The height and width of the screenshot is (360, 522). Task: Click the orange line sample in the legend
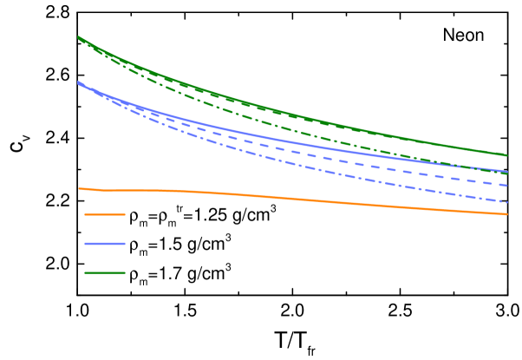click(x=105, y=214)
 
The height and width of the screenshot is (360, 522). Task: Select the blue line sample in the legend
click(x=105, y=244)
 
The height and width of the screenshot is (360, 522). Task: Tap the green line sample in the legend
click(x=105, y=273)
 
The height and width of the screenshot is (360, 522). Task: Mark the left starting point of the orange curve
click(x=79, y=188)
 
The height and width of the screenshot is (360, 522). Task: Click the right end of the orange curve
click(x=507, y=214)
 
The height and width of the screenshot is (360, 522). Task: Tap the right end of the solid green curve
click(x=507, y=155)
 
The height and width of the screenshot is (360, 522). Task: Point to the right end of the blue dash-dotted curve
click(x=507, y=202)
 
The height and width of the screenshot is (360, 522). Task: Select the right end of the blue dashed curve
click(x=507, y=186)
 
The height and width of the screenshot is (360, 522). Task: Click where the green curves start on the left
click(x=78, y=37)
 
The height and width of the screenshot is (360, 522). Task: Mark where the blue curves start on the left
click(x=78, y=82)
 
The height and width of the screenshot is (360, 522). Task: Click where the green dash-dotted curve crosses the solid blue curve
click(x=473, y=167)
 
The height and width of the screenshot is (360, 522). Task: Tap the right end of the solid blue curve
click(x=507, y=172)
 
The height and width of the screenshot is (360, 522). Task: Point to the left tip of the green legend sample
click(x=85, y=273)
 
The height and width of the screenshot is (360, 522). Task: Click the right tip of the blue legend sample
click(x=125, y=244)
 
